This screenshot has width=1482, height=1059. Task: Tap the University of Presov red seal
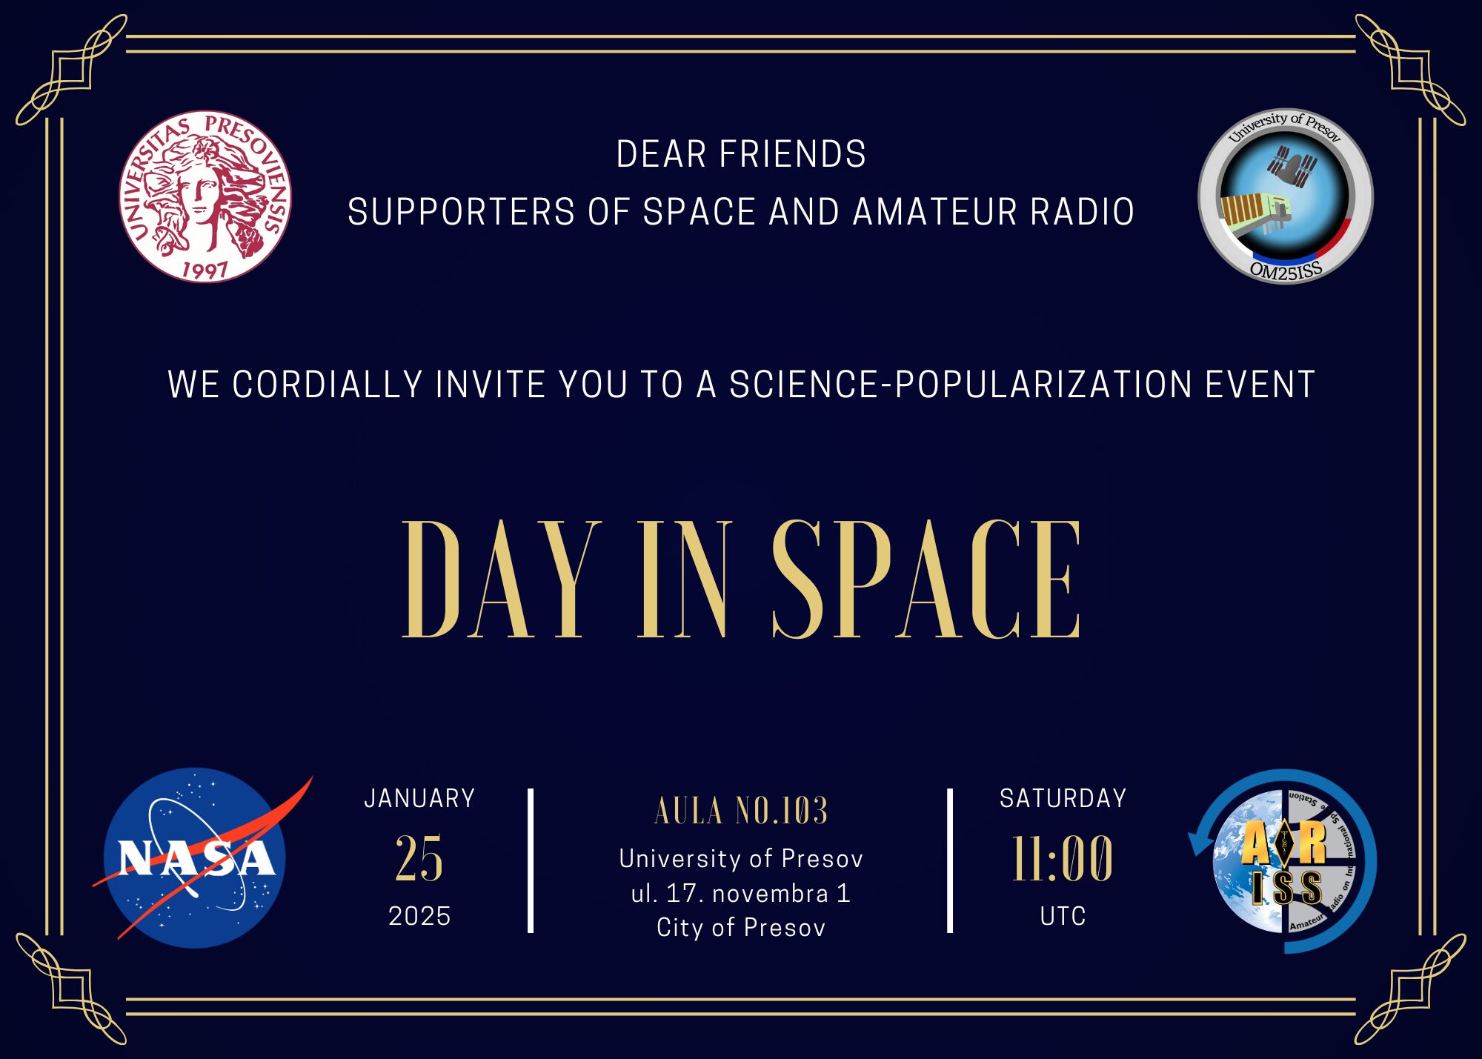click(x=205, y=197)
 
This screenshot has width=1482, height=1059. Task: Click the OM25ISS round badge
click(x=1286, y=196)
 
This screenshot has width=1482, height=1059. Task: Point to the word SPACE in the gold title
click(x=926, y=579)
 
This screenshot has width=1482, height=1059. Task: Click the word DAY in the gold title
click(x=501, y=579)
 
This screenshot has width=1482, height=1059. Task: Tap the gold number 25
click(x=419, y=858)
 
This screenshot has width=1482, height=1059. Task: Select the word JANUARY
click(x=419, y=798)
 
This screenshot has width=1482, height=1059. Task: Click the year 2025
click(x=419, y=916)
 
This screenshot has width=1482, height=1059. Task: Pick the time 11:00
click(x=1063, y=858)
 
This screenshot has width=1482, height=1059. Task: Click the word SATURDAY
click(x=1063, y=798)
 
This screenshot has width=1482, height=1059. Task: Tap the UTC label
click(x=1063, y=916)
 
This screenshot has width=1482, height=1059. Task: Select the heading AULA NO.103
click(x=741, y=811)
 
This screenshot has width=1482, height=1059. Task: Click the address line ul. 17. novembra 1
click(x=741, y=893)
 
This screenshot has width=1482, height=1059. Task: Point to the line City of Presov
click(x=741, y=927)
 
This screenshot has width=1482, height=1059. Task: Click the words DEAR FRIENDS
click(x=741, y=154)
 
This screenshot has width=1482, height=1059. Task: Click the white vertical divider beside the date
click(x=531, y=860)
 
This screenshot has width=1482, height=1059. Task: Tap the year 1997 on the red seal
click(x=205, y=269)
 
